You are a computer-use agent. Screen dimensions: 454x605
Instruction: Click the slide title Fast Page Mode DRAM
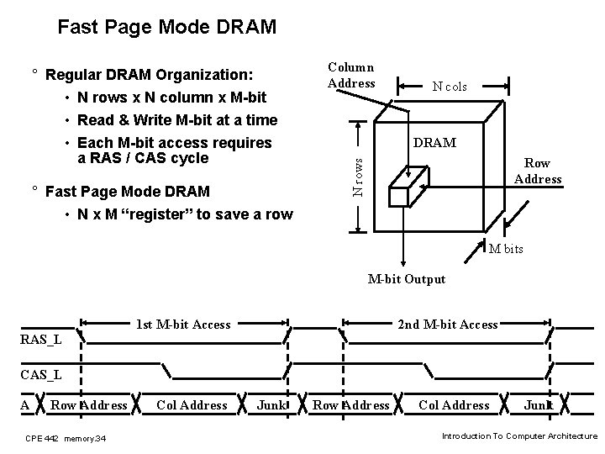(166, 28)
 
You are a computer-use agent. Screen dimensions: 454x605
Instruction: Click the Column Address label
(351, 75)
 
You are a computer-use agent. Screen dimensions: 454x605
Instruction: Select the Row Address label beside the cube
(538, 171)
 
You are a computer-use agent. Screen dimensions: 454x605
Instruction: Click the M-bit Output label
(406, 279)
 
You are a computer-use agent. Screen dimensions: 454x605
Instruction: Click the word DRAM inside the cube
(435, 143)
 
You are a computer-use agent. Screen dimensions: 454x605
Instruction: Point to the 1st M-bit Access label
(183, 325)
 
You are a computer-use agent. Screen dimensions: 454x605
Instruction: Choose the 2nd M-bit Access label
(446, 325)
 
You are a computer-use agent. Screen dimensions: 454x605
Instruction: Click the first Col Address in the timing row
(192, 405)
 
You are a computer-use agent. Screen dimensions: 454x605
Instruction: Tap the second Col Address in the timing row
(454, 405)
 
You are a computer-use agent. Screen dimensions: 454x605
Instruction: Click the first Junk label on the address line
(271, 405)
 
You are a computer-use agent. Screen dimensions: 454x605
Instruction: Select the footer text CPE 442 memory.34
(66, 437)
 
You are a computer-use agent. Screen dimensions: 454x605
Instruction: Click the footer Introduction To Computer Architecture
(519, 436)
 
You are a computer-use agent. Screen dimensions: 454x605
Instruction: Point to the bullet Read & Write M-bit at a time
(177, 122)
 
